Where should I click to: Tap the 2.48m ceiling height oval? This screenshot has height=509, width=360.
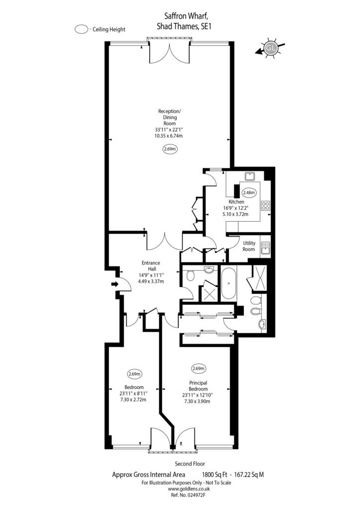(249, 192)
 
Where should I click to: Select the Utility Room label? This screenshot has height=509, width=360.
(249, 246)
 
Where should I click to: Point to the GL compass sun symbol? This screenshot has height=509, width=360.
(270, 48)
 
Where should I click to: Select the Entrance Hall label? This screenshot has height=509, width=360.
(151, 266)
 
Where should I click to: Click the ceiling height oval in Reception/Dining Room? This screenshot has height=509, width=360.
(170, 149)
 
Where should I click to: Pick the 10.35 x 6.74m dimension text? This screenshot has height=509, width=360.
(169, 136)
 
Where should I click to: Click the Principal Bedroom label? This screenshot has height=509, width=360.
(198, 386)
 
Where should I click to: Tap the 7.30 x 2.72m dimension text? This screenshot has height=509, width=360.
(133, 400)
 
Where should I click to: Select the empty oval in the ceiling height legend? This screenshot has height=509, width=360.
(81, 29)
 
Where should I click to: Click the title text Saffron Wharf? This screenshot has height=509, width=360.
(184, 16)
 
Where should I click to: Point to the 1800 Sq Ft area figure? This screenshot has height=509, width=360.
(214, 475)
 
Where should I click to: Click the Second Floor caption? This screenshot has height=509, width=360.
(190, 464)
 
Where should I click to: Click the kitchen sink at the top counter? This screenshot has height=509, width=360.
(250, 176)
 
